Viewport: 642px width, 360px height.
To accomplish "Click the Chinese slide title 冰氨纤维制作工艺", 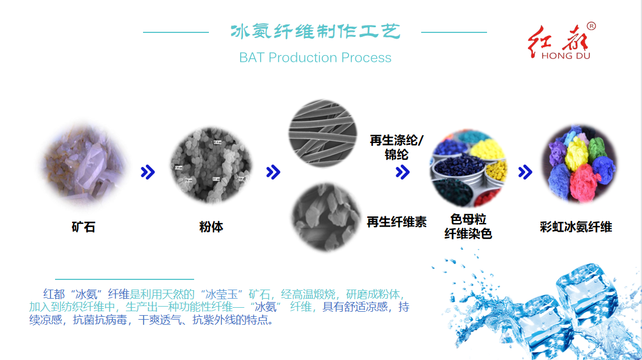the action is pos(315,32).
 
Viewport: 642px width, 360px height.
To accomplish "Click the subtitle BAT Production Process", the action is pos(315,57).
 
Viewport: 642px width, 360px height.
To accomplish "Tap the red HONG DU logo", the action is pos(560,42).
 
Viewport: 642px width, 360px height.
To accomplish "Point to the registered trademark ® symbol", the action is pos(591,26).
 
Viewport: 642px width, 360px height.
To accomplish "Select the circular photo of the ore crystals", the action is pos(84,165).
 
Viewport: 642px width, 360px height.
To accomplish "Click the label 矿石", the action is pos(83,227).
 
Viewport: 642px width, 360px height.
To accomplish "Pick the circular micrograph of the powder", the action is pos(211,165).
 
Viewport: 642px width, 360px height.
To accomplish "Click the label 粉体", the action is pos(211,227).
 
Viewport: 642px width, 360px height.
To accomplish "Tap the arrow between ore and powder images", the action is pos(148,173).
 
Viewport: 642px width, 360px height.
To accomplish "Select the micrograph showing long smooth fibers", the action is pos(322,133).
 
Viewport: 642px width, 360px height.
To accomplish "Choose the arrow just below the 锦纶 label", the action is pos(403,172).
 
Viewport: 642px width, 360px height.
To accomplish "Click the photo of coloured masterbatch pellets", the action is pos(468,168).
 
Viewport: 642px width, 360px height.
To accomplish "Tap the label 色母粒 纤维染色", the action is pos(468,227).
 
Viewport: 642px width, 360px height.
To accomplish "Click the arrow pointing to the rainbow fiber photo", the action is pos(525,173).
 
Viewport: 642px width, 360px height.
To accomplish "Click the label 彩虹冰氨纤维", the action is pos(576,227).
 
